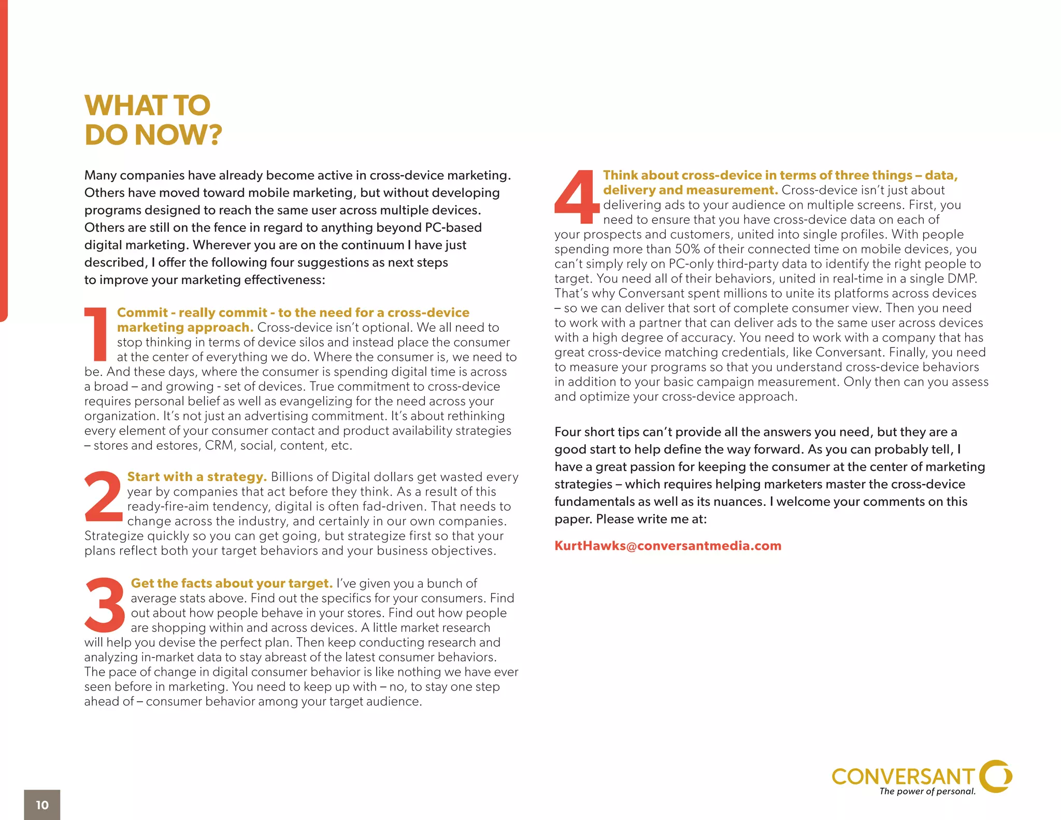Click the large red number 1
[x=96, y=334]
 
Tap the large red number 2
[x=103, y=496]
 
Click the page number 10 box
[x=42, y=804]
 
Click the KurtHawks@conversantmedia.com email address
[x=667, y=546]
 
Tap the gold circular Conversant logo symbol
[x=996, y=776]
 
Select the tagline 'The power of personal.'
[x=927, y=791]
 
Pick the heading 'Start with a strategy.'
[x=196, y=477]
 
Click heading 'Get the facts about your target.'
[x=231, y=583]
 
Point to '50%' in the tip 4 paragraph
[x=687, y=249]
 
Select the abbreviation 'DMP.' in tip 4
[x=962, y=279]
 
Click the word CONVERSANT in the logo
[x=902, y=776]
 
